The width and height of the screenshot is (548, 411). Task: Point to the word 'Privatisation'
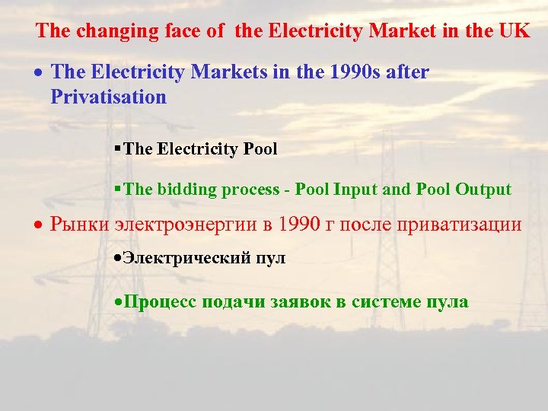108,97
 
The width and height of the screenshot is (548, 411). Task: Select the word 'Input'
353,190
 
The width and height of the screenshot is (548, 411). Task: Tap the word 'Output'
483,190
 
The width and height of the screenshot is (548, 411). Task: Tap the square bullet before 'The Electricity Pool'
117,148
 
